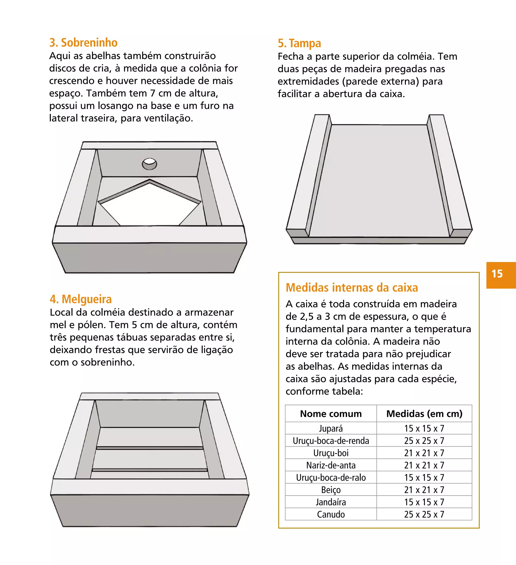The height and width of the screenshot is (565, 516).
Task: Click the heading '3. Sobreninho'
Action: pyautogui.click(x=83, y=43)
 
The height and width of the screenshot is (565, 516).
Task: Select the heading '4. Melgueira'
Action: pyautogui.click(x=81, y=299)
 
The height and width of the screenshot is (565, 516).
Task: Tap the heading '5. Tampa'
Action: pyautogui.click(x=299, y=43)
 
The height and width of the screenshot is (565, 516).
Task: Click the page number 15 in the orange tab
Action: pyautogui.click(x=497, y=274)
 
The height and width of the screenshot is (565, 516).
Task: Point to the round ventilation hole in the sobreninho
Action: pyautogui.click(x=149, y=164)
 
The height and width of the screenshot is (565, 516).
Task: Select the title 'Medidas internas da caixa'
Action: pyautogui.click(x=352, y=288)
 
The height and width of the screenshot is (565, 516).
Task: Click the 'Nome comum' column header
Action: pyautogui.click(x=331, y=414)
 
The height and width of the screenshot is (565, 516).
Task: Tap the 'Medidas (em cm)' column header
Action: pyautogui.click(x=424, y=414)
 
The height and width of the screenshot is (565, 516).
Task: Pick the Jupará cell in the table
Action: pyautogui.click(x=331, y=428)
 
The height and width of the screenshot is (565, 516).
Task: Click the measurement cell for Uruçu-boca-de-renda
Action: pyautogui.click(x=424, y=441)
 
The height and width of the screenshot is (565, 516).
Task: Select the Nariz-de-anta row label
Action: pyautogui.click(x=331, y=465)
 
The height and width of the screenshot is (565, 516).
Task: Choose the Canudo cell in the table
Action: pyautogui.click(x=331, y=514)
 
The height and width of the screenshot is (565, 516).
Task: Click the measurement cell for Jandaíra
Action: pyautogui.click(x=424, y=502)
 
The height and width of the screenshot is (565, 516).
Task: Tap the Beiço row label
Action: pyautogui.click(x=331, y=490)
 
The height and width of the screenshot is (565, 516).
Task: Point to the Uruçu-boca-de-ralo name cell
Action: pyautogui.click(x=331, y=478)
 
